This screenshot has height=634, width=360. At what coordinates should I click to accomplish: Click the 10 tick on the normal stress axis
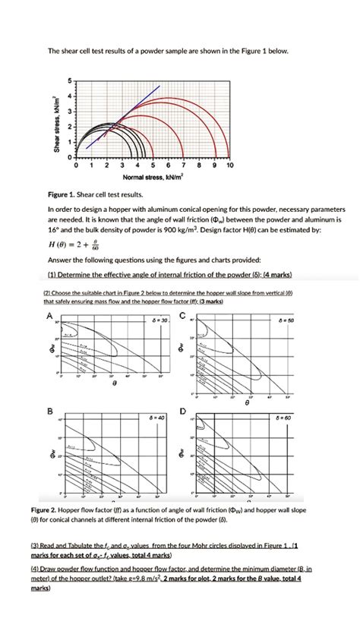(229, 164)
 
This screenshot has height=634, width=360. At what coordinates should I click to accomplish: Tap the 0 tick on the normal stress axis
(77, 164)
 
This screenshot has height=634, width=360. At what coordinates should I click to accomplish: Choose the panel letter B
(50, 411)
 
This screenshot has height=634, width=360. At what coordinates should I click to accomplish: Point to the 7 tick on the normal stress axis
(184, 164)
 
